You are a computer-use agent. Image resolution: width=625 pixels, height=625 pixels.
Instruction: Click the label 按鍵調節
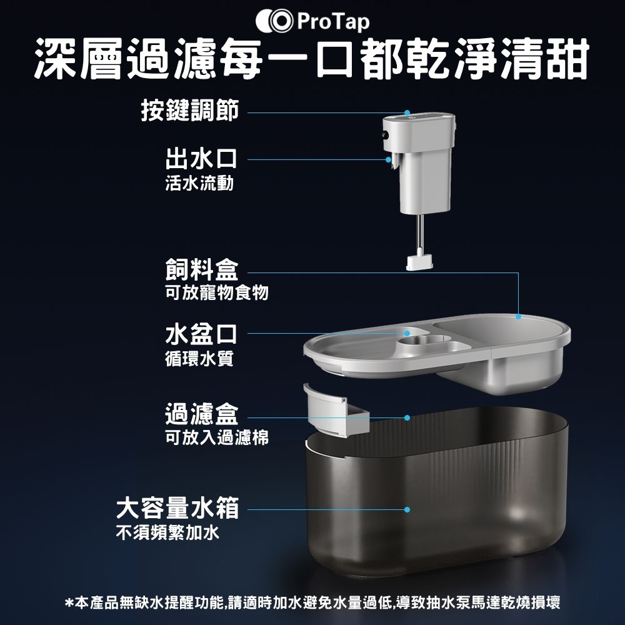tap(190, 111)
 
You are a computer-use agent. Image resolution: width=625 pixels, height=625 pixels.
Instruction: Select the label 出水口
tap(201, 159)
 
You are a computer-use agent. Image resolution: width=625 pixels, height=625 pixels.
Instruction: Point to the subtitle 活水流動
tap(199, 184)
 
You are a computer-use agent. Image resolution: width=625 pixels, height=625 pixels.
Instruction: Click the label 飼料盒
tap(202, 269)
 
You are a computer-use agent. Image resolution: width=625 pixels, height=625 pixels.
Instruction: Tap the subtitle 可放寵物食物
tap(217, 293)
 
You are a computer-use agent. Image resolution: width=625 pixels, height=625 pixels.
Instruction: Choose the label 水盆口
tap(201, 334)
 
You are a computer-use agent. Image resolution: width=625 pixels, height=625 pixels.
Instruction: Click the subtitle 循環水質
tap(199, 359)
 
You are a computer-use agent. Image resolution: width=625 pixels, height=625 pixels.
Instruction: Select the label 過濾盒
tap(202, 414)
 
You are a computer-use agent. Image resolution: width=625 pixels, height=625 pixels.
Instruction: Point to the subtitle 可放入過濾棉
tap(217, 437)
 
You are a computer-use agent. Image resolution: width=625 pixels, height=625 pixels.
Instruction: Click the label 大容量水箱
tap(177, 507)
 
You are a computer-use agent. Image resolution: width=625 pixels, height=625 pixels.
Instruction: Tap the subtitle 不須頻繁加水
tap(167, 532)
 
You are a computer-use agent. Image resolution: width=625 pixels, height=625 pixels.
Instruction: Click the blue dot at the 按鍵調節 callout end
tap(407, 112)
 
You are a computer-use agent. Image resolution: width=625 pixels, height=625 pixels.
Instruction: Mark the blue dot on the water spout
tap(388, 159)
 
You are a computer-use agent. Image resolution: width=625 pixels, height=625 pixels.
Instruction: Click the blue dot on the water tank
tap(407, 509)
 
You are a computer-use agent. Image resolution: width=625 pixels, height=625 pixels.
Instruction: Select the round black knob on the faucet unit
tap(385, 135)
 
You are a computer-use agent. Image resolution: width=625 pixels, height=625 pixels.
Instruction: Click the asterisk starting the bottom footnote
tap(69, 601)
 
